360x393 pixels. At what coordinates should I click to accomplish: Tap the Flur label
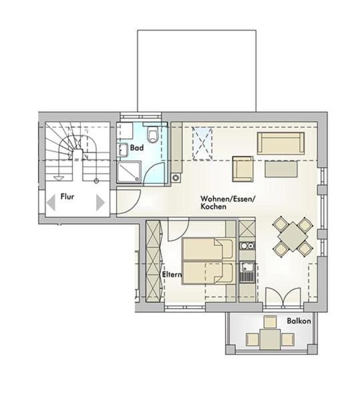tap(67, 197)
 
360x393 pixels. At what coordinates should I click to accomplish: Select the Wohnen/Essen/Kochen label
tap(221, 203)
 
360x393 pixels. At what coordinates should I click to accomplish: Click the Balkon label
tap(299, 321)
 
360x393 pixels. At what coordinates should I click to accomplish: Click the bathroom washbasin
tap(124, 150)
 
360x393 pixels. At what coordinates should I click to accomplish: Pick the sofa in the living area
tap(281, 142)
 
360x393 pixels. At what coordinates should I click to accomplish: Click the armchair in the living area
tap(242, 168)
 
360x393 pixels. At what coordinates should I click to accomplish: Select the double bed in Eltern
tap(209, 261)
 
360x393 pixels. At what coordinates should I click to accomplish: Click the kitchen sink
tap(247, 273)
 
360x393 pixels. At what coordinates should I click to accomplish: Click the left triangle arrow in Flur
tap(51, 202)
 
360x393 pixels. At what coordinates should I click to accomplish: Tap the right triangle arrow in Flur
tap(100, 202)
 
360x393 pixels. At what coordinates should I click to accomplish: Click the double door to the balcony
tap(281, 298)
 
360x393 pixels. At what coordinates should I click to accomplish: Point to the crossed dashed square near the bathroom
tap(202, 142)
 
